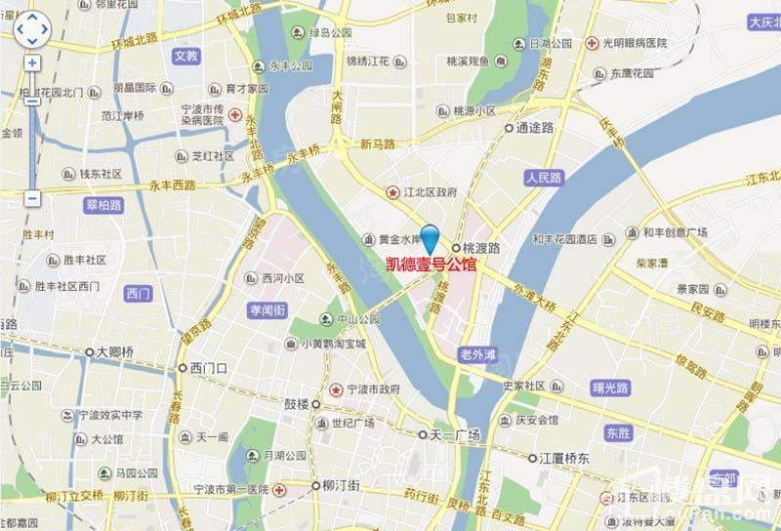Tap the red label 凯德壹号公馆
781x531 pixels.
[x=431, y=265]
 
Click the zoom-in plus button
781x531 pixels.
[x=32, y=62]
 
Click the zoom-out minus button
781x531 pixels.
[x=32, y=198]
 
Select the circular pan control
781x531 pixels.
[x=32, y=29]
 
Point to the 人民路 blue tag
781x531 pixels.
[x=544, y=178]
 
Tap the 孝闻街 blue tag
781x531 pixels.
[x=267, y=309]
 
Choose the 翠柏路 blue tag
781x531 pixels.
[x=103, y=205]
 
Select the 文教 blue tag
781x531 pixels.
[x=185, y=56]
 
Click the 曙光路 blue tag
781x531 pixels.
[x=611, y=388]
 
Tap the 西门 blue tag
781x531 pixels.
[x=140, y=293]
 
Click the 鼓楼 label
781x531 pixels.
[x=296, y=404]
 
